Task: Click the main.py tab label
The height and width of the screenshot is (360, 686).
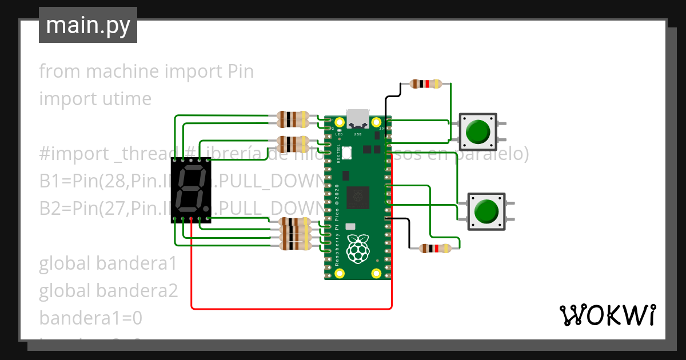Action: coord(87,25)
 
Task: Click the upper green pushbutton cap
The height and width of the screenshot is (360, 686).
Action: coord(477,131)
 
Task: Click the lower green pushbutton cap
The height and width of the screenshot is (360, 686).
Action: coord(486,211)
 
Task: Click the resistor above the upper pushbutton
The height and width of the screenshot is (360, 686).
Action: coord(426,84)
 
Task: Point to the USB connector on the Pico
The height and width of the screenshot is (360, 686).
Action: coord(358,118)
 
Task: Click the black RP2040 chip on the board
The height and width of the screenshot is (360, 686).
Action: coord(358,197)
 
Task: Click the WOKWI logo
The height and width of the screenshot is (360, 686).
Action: coord(607,315)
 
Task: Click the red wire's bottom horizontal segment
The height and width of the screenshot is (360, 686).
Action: coord(292,309)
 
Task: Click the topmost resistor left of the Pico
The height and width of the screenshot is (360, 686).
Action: coord(292,119)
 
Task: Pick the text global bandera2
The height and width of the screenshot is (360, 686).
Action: coord(108,291)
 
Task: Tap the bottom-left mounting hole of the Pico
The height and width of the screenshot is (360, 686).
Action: coord(339,273)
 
